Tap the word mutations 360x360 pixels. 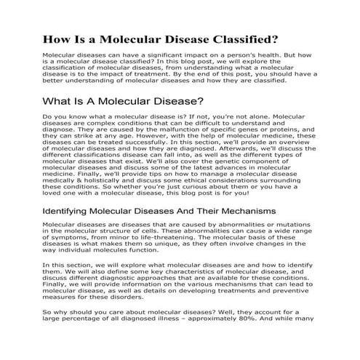tap(297, 225)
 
